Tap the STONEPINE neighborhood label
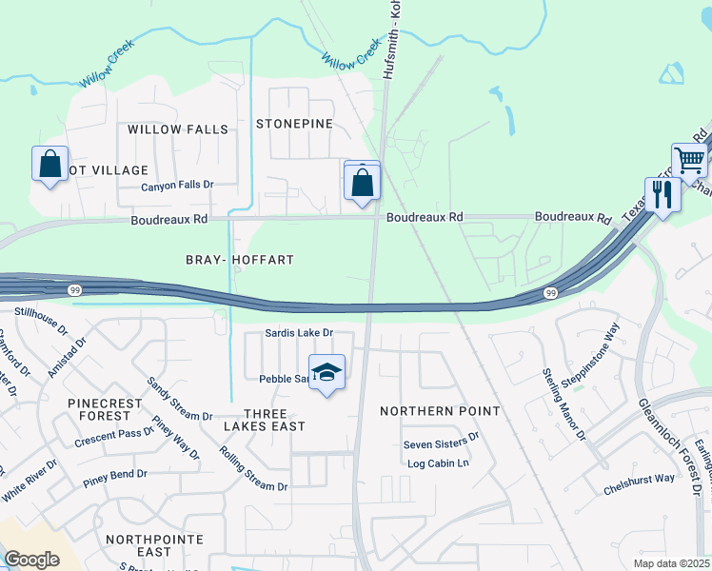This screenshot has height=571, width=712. pos(294,124)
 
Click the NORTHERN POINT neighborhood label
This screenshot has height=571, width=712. pos(440,411)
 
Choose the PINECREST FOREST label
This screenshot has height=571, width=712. pos(105,409)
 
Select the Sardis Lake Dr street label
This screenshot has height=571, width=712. pos(299,333)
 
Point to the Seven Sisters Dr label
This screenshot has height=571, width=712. pos(441,443)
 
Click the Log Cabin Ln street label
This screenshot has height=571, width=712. pos(439,463)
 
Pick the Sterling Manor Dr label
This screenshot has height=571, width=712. pos(564,404)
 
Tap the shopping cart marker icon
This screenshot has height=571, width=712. pos(689,160)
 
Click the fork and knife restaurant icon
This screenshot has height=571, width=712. pos(662,195)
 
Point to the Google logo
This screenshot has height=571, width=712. pos(31,559)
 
